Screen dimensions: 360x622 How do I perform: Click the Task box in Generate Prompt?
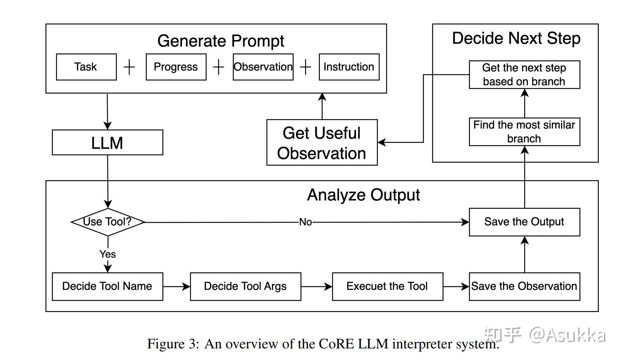(86, 67)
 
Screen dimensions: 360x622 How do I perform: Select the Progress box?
(176, 67)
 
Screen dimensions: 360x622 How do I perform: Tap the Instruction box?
(349, 67)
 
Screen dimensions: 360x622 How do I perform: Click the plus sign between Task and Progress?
(129, 67)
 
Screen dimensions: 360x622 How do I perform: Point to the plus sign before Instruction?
(306, 67)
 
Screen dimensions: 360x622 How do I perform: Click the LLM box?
(107, 142)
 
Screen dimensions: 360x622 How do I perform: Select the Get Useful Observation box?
(322, 142)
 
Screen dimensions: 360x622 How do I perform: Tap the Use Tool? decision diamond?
(108, 222)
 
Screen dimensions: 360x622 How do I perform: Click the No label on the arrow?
(305, 222)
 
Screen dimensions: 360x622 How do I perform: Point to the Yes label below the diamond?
(108, 254)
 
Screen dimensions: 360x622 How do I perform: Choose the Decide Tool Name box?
(107, 286)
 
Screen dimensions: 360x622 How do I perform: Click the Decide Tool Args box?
(246, 286)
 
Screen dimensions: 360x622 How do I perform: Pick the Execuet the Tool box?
(387, 286)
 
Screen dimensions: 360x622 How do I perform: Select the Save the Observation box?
(524, 286)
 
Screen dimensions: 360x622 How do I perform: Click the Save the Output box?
(524, 222)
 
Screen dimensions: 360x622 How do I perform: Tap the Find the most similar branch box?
(524, 132)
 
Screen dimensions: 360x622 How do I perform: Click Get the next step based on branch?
(524, 75)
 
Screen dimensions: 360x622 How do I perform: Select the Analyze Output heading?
(363, 195)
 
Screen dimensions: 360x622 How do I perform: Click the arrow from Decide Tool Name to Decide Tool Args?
(177, 287)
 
